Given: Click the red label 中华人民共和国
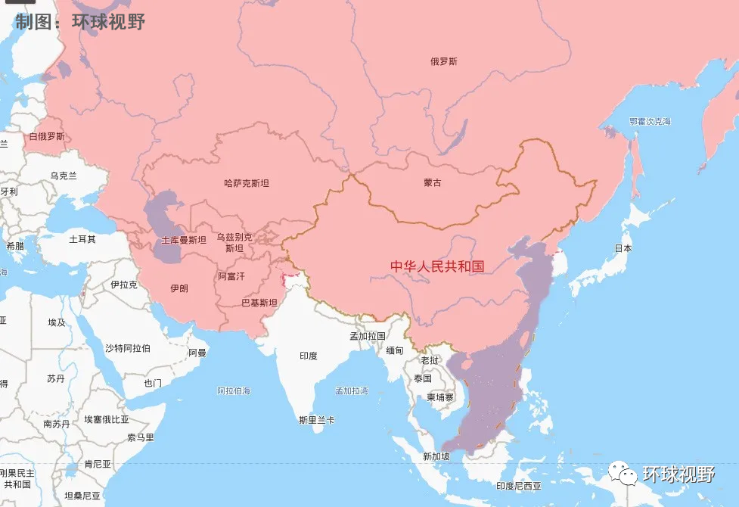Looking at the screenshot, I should pyautogui.click(x=436, y=266).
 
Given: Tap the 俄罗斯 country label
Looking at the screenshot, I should pyautogui.click(x=443, y=62).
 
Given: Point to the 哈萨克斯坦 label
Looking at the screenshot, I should pyautogui.click(x=247, y=183).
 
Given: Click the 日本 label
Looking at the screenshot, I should pyautogui.click(x=623, y=248).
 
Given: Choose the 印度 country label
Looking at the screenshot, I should pyautogui.click(x=308, y=356).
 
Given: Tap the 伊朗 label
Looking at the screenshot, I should pyautogui.click(x=179, y=288).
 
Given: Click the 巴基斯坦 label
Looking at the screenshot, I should pyautogui.click(x=259, y=303).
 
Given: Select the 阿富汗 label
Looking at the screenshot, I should pyautogui.click(x=231, y=276).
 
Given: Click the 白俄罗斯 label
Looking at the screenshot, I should pyautogui.click(x=47, y=137).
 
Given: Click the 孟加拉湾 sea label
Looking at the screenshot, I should pyautogui.click(x=352, y=391).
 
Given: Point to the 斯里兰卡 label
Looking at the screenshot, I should pyautogui.click(x=316, y=420).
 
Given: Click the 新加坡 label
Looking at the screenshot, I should pyautogui.click(x=436, y=456).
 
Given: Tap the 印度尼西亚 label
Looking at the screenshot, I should pyautogui.click(x=518, y=486).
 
